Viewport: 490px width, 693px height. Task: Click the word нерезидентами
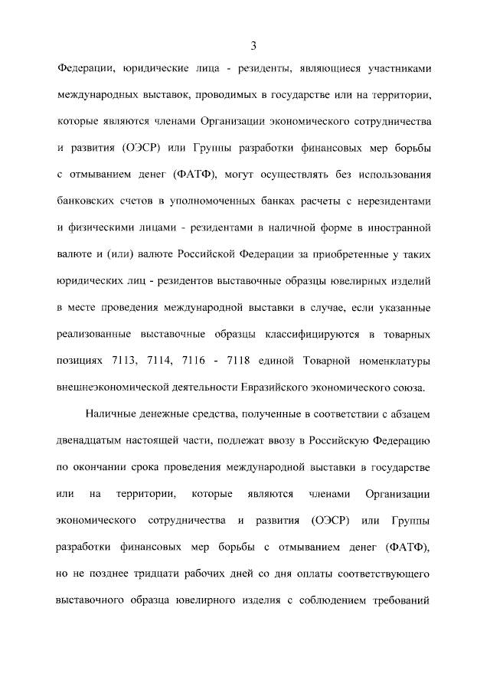pyautogui.click(x=394, y=201)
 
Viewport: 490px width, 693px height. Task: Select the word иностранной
pyautogui.click(x=399, y=227)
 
